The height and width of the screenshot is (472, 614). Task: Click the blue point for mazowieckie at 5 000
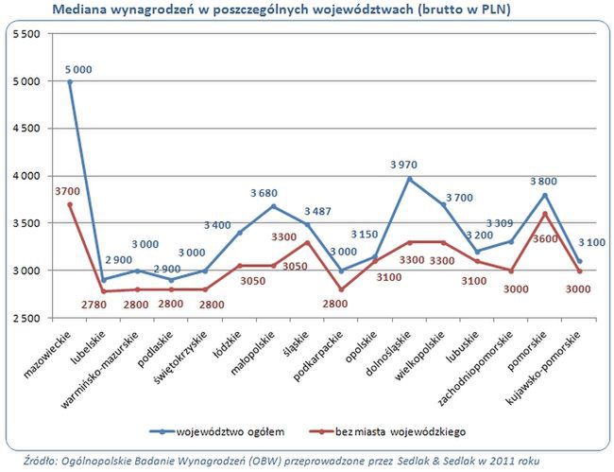tap(70, 81)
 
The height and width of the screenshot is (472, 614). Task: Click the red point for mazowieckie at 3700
tap(70, 204)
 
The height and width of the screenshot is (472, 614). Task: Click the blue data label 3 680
tap(264, 194)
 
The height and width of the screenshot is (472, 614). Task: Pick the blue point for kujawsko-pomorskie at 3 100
tap(580, 261)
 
